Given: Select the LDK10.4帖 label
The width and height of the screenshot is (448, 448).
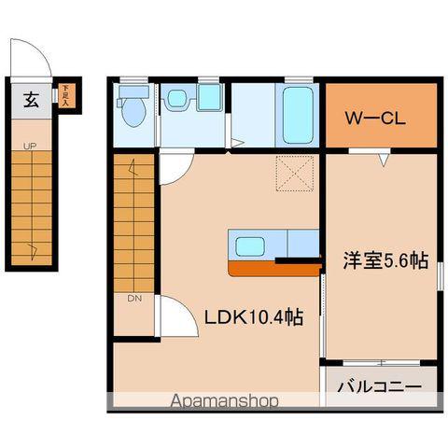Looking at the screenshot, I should (253, 317).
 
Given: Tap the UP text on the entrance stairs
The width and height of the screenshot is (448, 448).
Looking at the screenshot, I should (30, 147).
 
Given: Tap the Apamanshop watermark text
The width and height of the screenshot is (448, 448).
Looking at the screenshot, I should (224, 402).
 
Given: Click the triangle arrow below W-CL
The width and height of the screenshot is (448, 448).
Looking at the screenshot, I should (383, 161).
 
